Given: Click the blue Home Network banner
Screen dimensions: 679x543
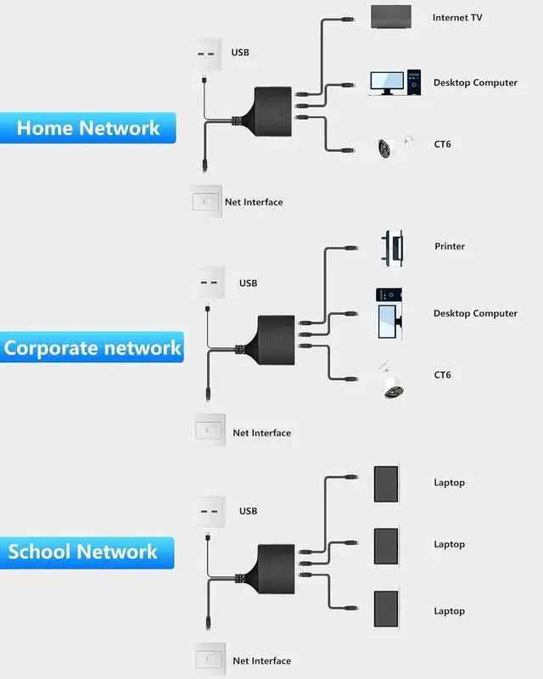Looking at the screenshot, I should point(88,128).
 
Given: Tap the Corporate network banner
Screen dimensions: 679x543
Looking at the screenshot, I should point(92,348).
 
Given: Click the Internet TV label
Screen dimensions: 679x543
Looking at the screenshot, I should point(457,18).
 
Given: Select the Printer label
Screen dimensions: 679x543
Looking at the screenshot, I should point(450,246).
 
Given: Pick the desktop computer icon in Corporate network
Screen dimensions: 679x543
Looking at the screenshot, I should point(390,312).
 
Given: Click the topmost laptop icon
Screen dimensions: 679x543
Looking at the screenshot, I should point(386,483).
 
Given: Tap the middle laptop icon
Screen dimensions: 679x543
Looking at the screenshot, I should point(386,544).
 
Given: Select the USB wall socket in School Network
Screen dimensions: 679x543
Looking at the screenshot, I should point(206,513).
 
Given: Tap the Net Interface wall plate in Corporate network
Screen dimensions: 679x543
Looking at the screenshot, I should point(207,429).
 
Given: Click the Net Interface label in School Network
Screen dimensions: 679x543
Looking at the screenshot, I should point(261,661).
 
